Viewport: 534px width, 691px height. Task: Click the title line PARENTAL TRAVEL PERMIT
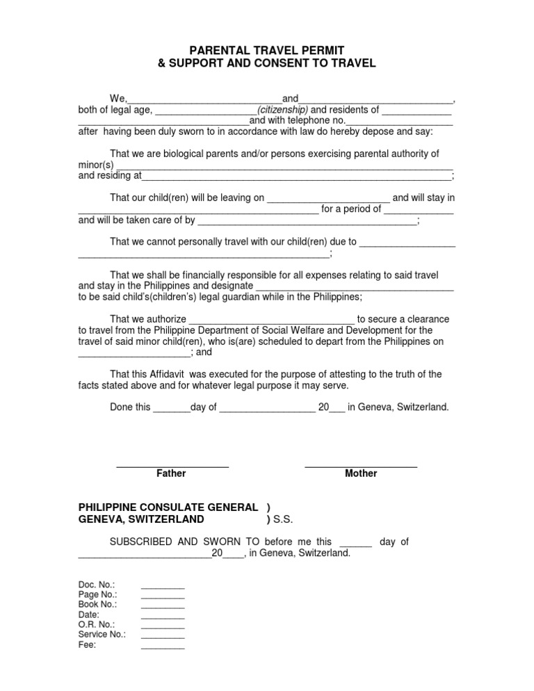tap(268, 50)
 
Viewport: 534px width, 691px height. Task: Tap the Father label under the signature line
tap(171, 473)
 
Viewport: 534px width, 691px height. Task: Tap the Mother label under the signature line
tap(361, 473)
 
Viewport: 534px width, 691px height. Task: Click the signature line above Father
tap(172, 465)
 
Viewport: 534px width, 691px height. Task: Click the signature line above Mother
tap(361, 465)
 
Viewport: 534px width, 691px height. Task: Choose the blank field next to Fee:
tap(163, 646)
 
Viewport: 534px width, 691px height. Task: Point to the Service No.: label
tap(102, 634)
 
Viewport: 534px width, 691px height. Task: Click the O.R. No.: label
tap(97, 624)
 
